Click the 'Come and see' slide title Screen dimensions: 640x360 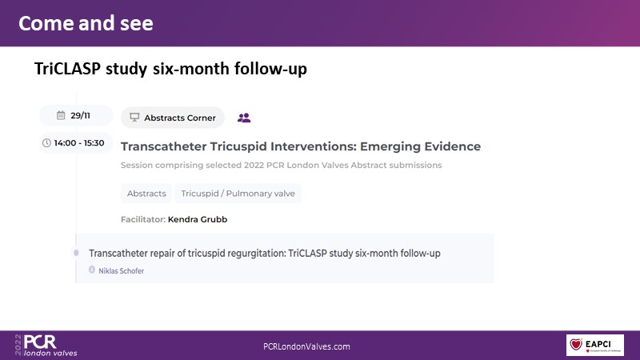[x=86, y=23]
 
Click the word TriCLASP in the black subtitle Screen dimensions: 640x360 [x=67, y=69]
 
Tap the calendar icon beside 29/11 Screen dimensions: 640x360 [x=61, y=115]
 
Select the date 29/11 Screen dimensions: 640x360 [x=80, y=115]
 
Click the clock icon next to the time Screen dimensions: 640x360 [x=46, y=143]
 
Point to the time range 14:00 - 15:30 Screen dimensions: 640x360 [x=78, y=143]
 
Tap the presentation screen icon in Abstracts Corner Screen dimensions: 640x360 [x=134, y=118]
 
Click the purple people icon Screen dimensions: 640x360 [x=244, y=118]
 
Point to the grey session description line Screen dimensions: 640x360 [x=282, y=166]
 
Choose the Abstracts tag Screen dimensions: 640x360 [x=146, y=194]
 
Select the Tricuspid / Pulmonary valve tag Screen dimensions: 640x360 [x=238, y=194]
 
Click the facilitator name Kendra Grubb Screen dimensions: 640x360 [x=198, y=219]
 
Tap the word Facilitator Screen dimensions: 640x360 [x=143, y=219]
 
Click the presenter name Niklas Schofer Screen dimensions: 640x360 [x=122, y=271]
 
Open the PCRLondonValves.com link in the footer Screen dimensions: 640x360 [x=306, y=346]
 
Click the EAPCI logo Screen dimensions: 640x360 [x=595, y=345]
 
